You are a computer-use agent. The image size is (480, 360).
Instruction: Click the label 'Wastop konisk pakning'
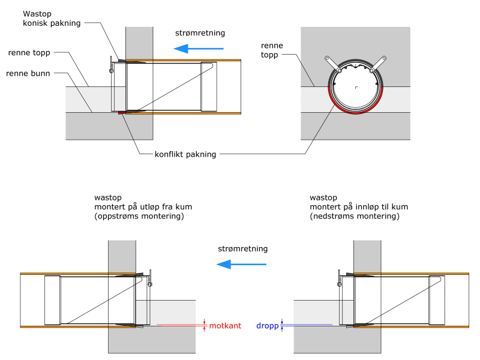[52, 19]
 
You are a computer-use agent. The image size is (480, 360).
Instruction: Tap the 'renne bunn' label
[28, 73]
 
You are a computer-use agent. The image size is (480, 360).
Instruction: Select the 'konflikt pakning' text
[185, 154]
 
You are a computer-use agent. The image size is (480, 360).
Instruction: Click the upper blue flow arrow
[199, 49]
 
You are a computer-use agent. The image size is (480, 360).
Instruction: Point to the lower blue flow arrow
[241, 264]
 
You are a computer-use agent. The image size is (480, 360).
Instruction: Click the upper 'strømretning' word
[200, 33]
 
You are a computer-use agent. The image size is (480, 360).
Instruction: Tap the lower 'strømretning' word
[243, 249]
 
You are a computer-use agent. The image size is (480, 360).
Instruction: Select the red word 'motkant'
[225, 326]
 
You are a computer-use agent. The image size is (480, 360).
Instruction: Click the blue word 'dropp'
[267, 326]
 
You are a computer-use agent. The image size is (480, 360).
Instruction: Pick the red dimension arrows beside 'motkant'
[205, 325]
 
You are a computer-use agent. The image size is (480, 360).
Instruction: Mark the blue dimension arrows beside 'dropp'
[282, 325]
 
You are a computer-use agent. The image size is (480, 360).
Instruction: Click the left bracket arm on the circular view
[333, 64]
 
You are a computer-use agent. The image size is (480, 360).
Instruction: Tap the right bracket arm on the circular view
[378, 64]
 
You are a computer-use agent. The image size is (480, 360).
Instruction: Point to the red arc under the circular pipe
[355, 112]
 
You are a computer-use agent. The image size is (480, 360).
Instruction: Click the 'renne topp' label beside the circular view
[272, 50]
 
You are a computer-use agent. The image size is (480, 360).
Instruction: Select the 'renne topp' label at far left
[29, 53]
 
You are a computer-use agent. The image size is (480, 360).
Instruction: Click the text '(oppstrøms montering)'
[139, 216]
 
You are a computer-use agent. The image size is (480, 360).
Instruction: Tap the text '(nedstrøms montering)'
[355, 216]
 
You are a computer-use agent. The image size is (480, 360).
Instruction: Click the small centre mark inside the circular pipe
[356, 88]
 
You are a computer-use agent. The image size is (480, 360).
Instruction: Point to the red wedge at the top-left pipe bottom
[122, 113]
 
